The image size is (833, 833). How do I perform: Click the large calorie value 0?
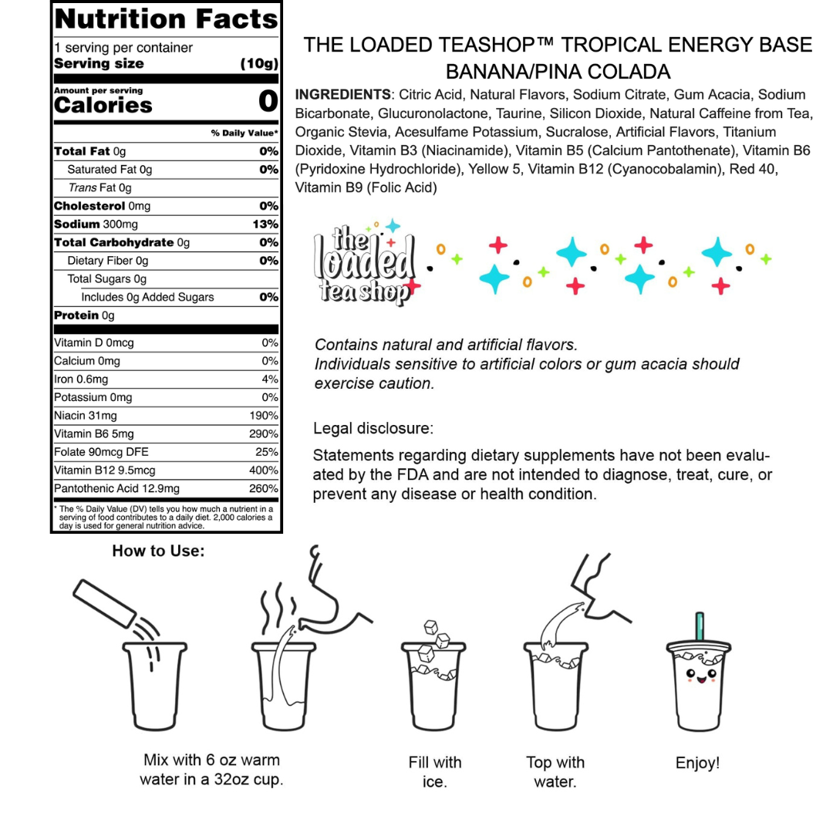tap(268, 102)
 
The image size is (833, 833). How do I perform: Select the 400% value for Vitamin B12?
tap(264, 470)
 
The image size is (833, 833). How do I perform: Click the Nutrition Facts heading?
tap(166, 19)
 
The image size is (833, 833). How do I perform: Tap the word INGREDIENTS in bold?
tap(342, 95)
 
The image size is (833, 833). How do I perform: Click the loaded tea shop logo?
tap(364, 263)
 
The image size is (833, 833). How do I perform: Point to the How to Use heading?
tap(158, 551)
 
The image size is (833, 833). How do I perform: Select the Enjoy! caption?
tap(698, 763)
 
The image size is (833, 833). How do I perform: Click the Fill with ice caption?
tap(435, 772)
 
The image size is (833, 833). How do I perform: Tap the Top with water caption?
tap(555, 772)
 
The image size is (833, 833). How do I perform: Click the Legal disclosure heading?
tap(373, 428)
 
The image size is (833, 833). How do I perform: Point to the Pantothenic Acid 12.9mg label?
tap(116, 488)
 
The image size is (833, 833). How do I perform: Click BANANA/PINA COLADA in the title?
tap(558, 73)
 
